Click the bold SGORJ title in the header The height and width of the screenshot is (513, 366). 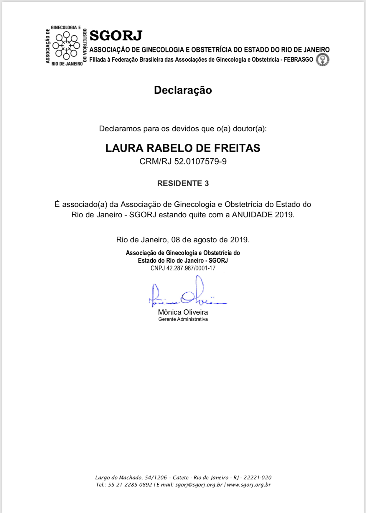pyautogui.click(x=116, y=36)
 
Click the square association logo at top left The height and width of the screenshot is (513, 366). pyautogui.click(x=66, y=46)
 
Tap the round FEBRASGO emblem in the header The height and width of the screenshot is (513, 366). pyautogui.click(x=323, y=60)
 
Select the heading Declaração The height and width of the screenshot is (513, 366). pyautogui.click(x=183, y=90)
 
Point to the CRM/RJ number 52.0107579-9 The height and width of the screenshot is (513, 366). pyautogui.click(x=200, y=162)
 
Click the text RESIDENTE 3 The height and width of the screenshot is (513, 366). pyautogui.click(x=183, y=183)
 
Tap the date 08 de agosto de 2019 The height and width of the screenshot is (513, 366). pyautogui.click(x=210, y=240)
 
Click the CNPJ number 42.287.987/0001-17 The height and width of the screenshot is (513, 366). pyautogui.click(x=191, y=268)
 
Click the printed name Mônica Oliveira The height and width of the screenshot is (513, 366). pyautogui.click(x=183, y=312)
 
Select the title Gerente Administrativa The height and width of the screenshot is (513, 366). pyautogui.click(x=183, y=319)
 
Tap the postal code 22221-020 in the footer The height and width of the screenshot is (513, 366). pyautogui.click(x=257, y=478)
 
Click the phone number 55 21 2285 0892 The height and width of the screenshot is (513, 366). pyautogui.click(x=130, y=485)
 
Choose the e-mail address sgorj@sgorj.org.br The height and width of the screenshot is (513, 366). pyautogui.click(x=199, y=485)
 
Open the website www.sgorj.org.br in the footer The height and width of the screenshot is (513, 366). pyautogui.click(x=249, y=485)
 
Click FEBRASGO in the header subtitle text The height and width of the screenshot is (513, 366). pyautogui.click(x=298, y=60)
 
